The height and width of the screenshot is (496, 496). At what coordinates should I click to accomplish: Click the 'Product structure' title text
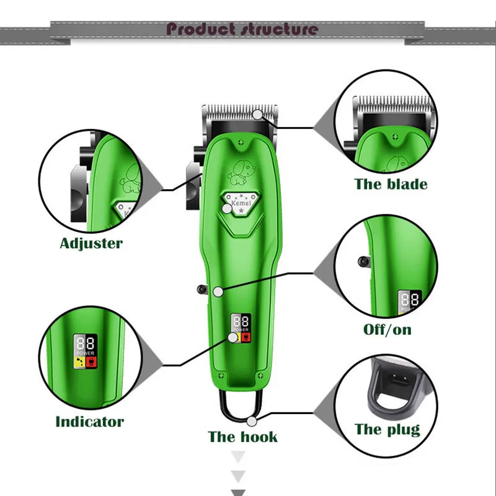point(242,29)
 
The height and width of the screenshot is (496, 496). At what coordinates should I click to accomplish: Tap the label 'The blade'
point(391,184)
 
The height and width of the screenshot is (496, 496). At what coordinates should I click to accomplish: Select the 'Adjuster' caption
point(91,242)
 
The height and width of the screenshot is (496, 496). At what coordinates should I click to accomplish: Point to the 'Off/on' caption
point(387,329)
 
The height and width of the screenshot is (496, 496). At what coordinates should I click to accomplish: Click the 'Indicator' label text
point(90,422)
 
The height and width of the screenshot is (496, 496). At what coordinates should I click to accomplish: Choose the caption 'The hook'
point(243,436)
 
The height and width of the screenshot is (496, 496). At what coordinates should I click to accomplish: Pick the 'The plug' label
point(387,429)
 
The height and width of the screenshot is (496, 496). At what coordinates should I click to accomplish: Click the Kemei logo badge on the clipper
point(239,203)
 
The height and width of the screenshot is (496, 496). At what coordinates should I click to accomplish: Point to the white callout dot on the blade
point(258,113)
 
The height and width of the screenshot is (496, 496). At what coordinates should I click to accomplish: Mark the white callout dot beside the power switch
point(218,291)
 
